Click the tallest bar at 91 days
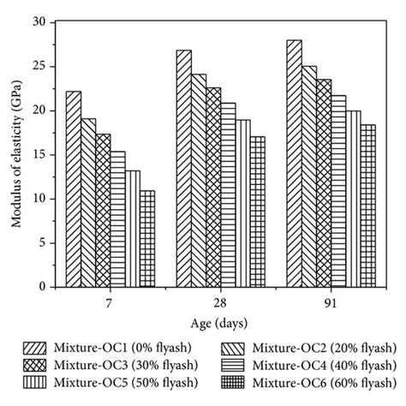coord(295,164)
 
